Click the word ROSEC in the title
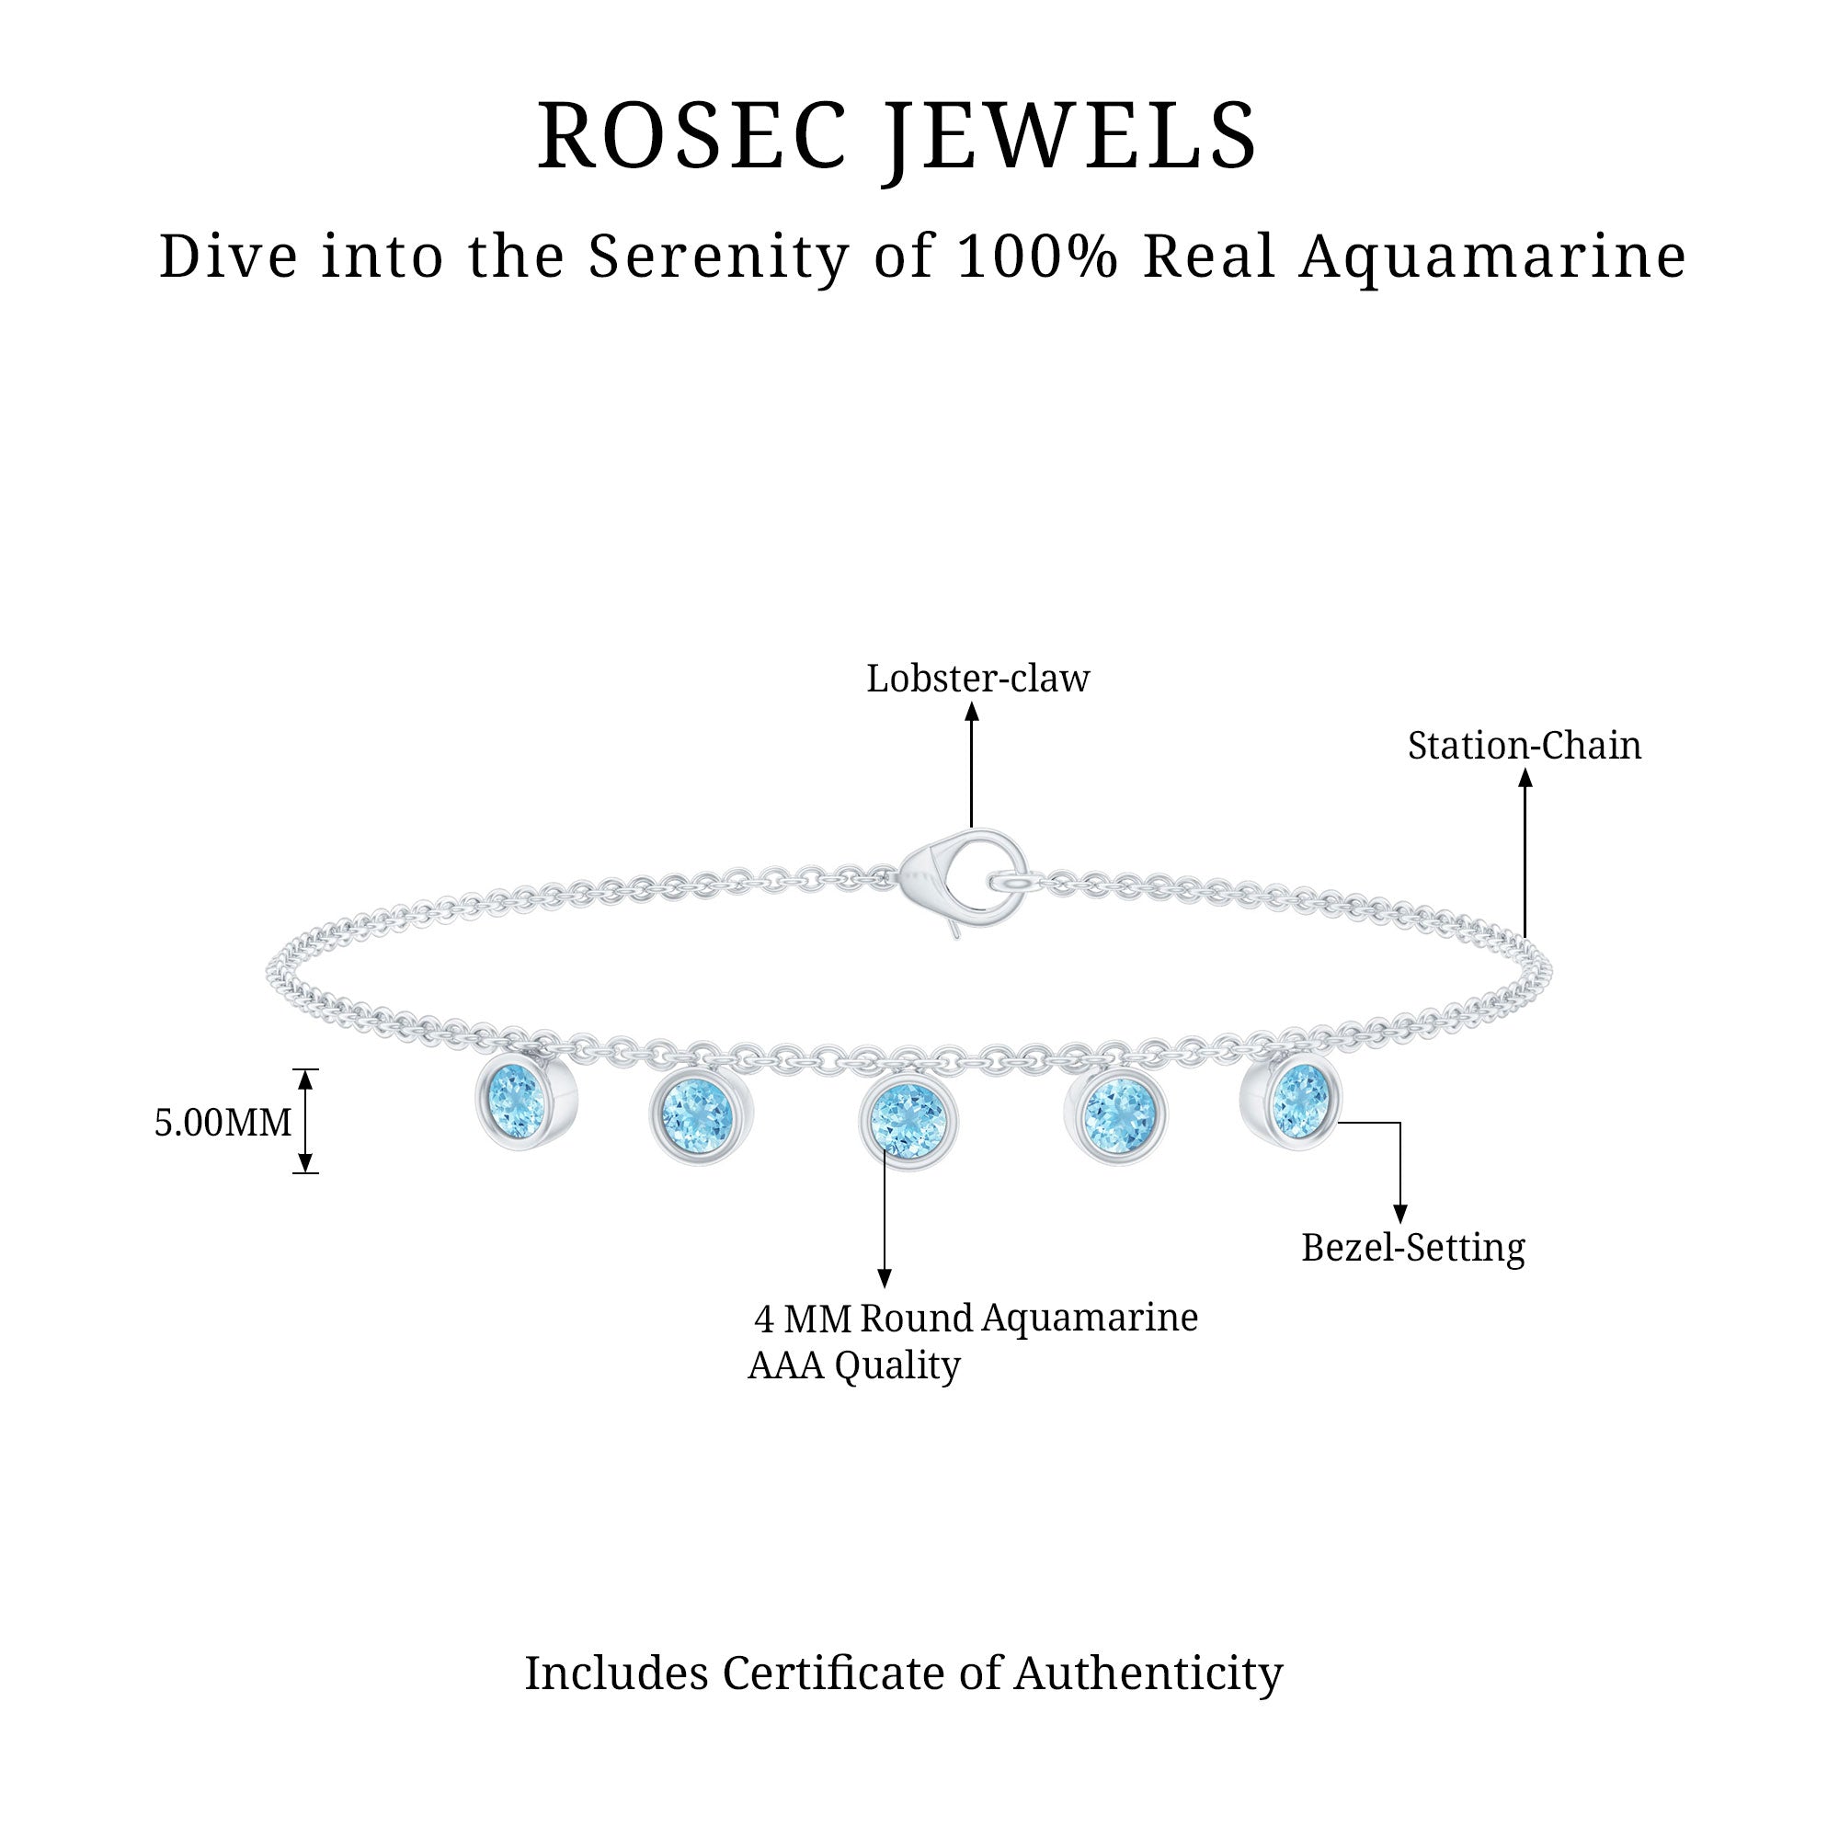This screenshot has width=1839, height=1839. pos(692,136)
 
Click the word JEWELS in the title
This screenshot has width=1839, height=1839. pos(1073,136)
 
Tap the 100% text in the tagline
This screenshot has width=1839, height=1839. pos(1036,257)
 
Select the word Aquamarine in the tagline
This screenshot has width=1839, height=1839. pos(1492,257)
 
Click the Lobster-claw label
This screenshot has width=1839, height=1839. pos(977,679)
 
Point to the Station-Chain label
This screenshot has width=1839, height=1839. pos(1524,746)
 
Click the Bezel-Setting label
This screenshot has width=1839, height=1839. pos(1412,1247)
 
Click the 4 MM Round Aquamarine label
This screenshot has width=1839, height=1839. pos(976,1319)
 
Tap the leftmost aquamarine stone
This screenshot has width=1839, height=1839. pos(517,1102)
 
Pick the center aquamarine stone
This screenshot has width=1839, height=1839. pos(908,1118)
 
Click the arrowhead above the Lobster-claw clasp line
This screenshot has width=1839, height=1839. pos(972,711)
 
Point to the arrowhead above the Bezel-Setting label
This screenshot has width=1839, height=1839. pos(1399,1214)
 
